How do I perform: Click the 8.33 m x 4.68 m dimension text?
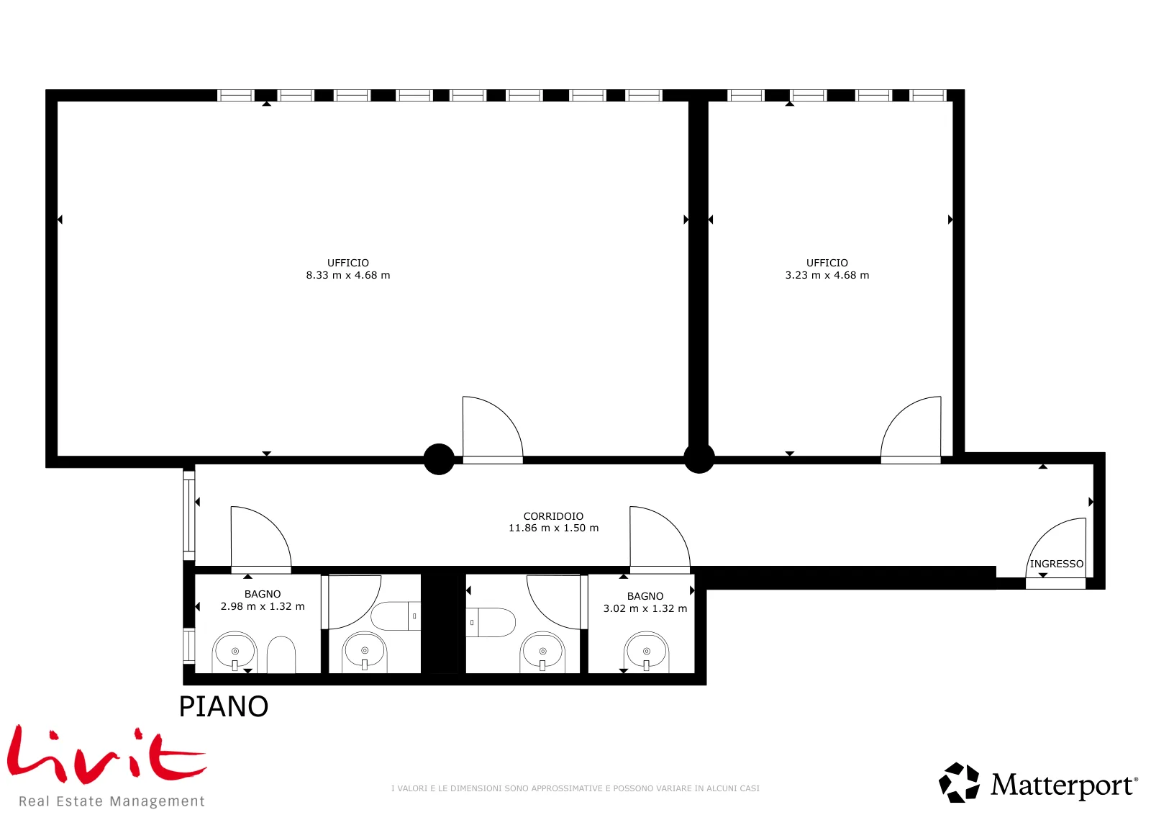pyautogui.click(x=348, y=275)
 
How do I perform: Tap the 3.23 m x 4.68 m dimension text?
pyautogui.click(x=827, y=275)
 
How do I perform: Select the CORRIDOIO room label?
pyautogui.click(x=553, y=515)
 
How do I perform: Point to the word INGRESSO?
pyautogui.click(x=1057, y=564)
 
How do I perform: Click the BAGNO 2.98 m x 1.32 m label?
pyautogui.click(x=262, y=600)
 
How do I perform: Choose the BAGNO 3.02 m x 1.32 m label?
pyautogui.click(x=645, y=602)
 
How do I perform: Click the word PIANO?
pyautogui.click(x=224, y=706)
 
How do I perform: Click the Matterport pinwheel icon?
pyautogui.click(x=959, y=782)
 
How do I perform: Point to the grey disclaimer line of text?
pyautogui.click(x=575, y=788)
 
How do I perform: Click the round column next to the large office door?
pyautogui.click(x=439, y=459)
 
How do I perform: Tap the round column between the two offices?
pyautogui.click(x=699, y=458)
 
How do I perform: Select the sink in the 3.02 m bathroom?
pyautogui.click(x=647, y=652)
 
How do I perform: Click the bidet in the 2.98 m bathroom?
pyautogui.click(x=281, y=654)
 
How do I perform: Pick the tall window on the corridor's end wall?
pyautogui.click(x=189, y=515)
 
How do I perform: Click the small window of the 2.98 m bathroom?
pyautogui.click(x=189, y=646)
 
